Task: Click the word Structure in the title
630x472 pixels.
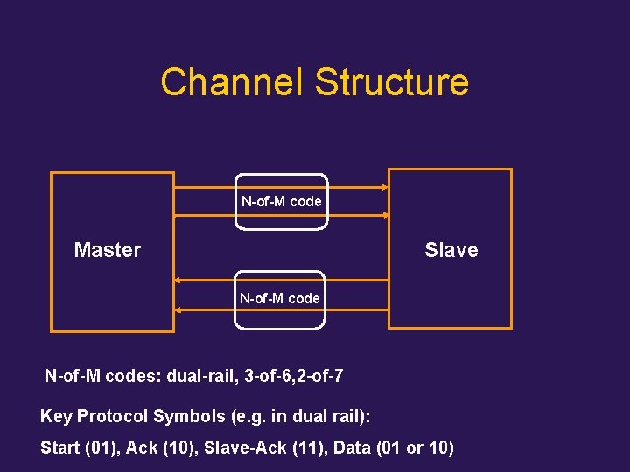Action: point(391,82)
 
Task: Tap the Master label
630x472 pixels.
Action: point(108,250)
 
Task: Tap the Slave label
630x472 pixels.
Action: point(451,250)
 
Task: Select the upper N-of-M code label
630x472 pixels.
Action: point(282,201)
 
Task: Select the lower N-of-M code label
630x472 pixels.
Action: point(280,298)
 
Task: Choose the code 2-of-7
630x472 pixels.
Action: point(318,377)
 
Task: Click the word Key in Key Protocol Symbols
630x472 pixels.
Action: point(56,416)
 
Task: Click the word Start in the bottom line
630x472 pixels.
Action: point(60,448)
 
